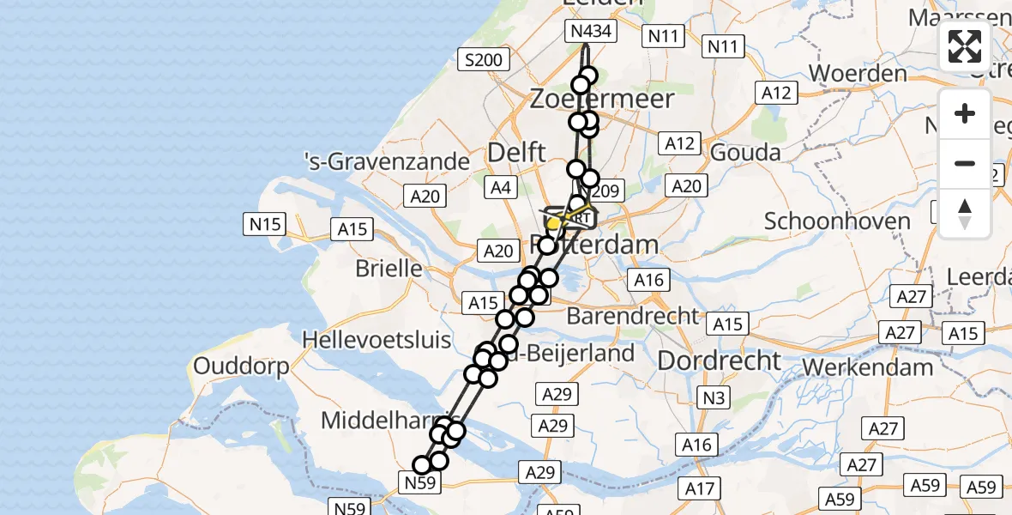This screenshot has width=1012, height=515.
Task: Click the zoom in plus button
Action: coord(965,114)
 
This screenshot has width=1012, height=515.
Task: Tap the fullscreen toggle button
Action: coord(965,46)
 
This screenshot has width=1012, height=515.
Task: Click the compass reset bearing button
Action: coord(965,213)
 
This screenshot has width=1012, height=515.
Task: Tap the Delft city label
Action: coord(516,153)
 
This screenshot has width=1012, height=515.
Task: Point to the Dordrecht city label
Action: coord(719,360)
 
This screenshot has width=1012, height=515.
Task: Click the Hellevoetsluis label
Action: coord(376,340)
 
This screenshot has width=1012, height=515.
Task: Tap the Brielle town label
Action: coord(390,268)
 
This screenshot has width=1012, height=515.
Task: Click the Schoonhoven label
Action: coord(837,221)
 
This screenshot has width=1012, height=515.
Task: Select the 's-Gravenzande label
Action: coord(388,161)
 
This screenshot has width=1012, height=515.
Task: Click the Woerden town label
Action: coord(858,73)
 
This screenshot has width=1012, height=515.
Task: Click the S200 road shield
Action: coord(484,59)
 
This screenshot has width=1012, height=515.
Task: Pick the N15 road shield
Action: coord(266,225)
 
